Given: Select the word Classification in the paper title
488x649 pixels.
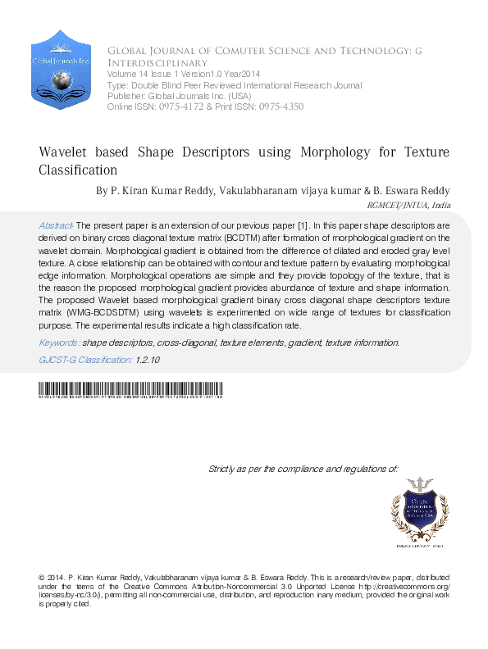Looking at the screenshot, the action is (x=79, y=170).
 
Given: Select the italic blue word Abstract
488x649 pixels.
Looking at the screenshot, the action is (x=56, y=225).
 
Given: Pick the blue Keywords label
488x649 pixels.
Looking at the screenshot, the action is (x=58, y=343).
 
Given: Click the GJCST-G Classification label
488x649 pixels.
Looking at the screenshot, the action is (x=85, y=360).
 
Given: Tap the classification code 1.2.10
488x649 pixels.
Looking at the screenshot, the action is (x=148, y=360).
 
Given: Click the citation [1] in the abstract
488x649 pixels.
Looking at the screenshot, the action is (x=302, y=225).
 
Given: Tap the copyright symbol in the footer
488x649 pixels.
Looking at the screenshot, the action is (x=42, y=578).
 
